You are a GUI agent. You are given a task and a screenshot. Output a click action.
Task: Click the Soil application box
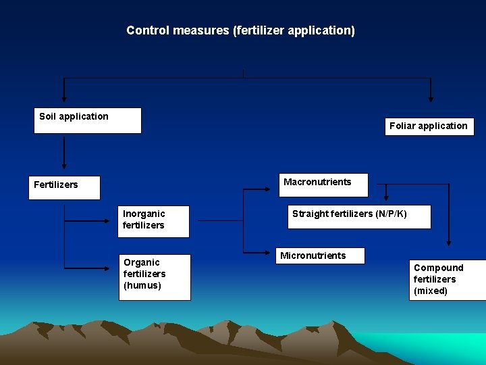(x=88, y=120)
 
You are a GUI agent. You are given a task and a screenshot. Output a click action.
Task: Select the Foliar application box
(x=429, y=126)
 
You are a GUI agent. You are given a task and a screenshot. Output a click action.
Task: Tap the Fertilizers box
(x=64, y=187)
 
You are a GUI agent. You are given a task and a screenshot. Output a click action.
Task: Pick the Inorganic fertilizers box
(x=154, y=221)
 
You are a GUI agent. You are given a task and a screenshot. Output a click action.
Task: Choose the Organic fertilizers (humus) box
(x=155, y=276)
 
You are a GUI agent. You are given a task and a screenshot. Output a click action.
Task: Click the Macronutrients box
(x=323, y=185)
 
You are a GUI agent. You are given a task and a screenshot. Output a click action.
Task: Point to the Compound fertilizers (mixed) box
(x=447, y=279)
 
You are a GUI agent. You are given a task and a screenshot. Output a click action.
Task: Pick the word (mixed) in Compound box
(x=431, y=291)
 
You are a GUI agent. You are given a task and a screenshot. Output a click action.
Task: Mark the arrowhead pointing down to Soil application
(x=64, y=99)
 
